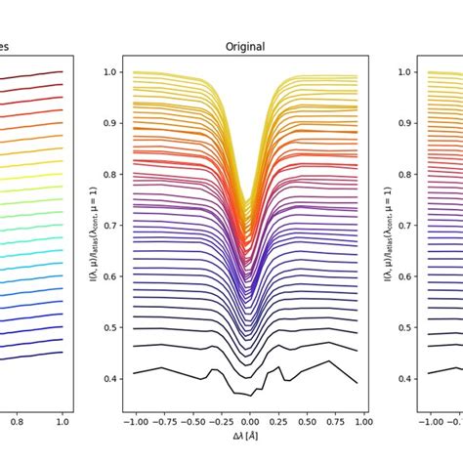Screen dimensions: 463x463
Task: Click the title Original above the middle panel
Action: click(245, 47)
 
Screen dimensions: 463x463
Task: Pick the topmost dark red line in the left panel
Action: click(39, 74)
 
